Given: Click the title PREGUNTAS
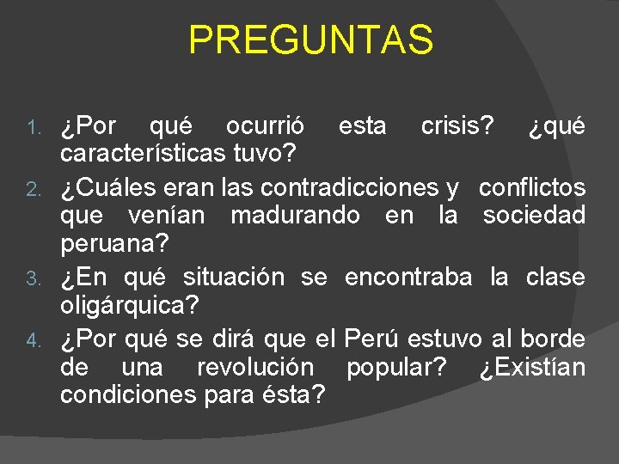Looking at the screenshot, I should (310, 40).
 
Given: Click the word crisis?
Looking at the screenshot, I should (457, 126).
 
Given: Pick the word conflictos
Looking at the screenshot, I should (532, 186).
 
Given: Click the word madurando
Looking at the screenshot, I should (295, 217).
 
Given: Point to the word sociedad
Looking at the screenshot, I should (534, 217).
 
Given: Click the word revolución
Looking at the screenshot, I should (255, 367).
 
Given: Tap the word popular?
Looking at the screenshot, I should (396, 368).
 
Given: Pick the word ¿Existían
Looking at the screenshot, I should (532, 367).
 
